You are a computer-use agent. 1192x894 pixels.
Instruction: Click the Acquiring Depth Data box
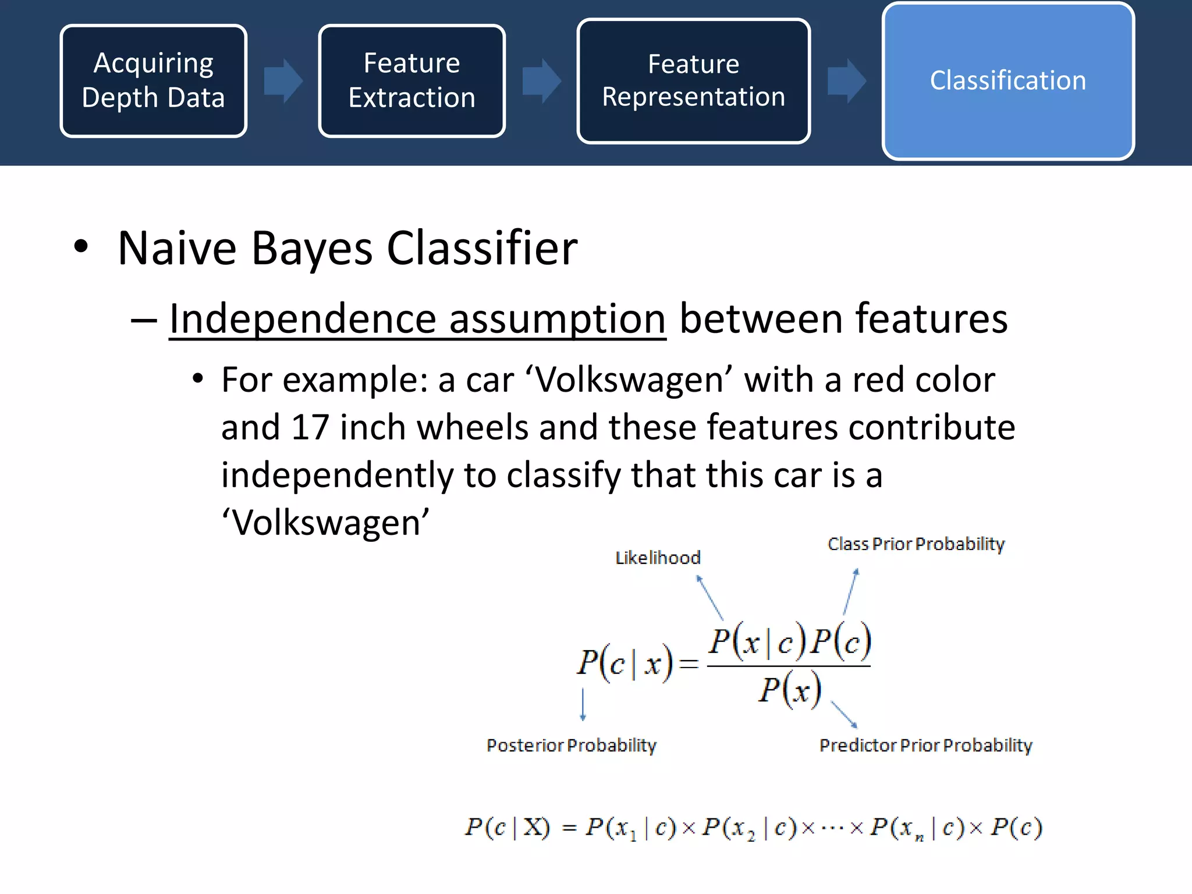pos(153,81)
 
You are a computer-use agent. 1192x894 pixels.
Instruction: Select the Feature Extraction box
pos(411,81)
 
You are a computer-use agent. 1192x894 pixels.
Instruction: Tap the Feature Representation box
pos(693,81)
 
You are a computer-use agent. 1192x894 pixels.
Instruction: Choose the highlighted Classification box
pos(1007,81)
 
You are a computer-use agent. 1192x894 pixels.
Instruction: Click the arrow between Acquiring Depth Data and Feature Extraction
pos(283,81)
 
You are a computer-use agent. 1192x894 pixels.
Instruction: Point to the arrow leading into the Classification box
pos(846,81)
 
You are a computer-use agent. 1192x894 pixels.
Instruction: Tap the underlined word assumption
pos(557,319)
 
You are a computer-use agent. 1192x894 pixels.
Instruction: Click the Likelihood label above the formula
pos(658,558)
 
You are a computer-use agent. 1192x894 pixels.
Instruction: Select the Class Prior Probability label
pos(916,544)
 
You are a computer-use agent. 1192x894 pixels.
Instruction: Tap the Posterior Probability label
pos(571,745)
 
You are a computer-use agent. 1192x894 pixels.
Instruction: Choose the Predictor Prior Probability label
pos(925,745)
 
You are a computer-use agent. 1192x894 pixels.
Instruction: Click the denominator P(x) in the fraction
pos(789,690)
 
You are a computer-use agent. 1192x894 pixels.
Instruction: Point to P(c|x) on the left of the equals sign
pos(625,663)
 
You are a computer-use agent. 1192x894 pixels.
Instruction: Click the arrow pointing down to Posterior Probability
pos(583,704)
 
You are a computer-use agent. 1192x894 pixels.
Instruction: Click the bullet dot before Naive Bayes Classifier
pos(81,247)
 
